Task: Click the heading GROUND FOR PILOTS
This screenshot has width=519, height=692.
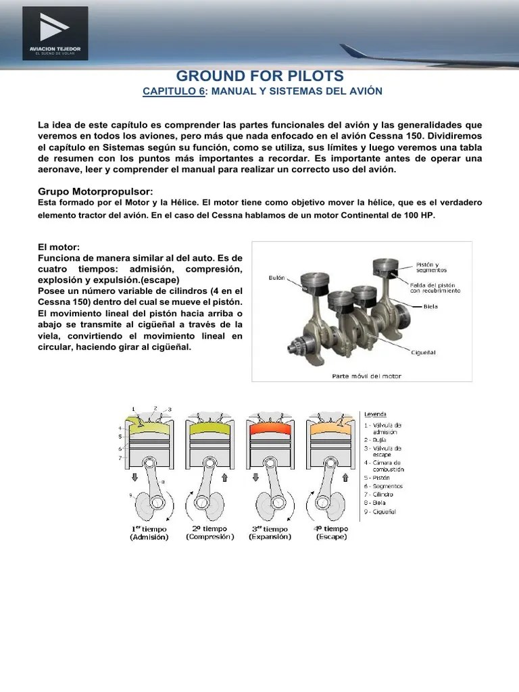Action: click(x=259, y=76)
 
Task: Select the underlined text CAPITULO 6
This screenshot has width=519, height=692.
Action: click(x=173, y=91)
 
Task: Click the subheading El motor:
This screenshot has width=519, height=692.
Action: click(x=59, y=247)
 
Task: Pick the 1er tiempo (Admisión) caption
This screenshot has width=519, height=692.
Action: click(x=150, y=533)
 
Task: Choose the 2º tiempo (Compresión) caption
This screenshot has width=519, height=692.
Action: click(x=209, y=533)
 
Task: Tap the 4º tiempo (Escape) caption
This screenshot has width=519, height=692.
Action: click(x=331, y=533)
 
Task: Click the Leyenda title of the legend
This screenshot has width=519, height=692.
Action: click(x=376, y=414)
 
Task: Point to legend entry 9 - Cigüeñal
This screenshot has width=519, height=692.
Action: click(x=382, y=512)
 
